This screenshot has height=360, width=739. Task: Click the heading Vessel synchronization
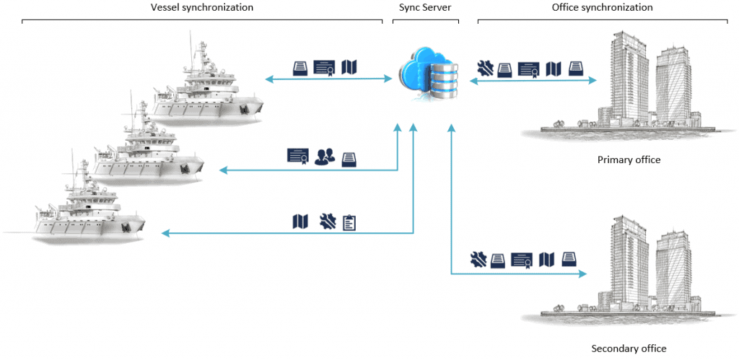click(201, 7)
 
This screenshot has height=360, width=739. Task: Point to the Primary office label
click(629, 159)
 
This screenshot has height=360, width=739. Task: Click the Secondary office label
click(629, 348)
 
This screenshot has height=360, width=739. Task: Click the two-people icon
click(325, 156)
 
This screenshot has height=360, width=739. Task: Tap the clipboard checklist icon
click(349, 221)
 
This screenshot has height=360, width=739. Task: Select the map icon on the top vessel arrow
click(349, 67)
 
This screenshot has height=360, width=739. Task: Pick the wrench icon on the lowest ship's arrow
click(327, 221)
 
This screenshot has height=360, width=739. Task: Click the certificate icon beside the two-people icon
click(298, 156)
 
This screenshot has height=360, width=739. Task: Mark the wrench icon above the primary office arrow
click(485, 69)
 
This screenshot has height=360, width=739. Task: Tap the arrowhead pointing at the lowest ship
click(165, 233)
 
